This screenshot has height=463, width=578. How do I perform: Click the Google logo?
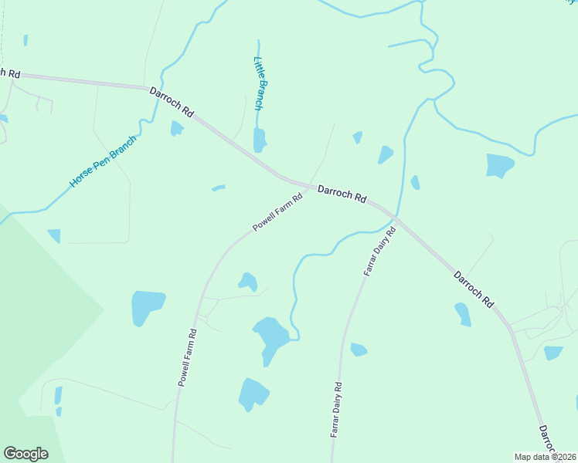[25, 454]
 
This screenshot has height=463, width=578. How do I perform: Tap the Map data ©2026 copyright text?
[546, 456]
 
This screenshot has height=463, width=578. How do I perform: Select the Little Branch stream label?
[260, 83]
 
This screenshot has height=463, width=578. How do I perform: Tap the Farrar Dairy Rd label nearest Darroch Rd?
[379, 252]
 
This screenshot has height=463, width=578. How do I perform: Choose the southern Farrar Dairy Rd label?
[335, 410]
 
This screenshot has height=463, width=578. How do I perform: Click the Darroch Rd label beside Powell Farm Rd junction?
[342, 193]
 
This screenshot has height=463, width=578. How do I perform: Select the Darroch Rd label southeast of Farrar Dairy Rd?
[474, 289]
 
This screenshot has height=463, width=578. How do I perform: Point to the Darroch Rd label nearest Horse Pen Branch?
[171, 102]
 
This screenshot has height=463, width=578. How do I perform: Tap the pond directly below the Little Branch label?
[260, 140]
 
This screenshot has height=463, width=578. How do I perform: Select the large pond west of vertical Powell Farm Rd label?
[148, 306]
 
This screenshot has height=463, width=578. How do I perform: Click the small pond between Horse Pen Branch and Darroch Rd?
[177, 128]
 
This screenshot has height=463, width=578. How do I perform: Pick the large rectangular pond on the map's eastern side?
[499, 165]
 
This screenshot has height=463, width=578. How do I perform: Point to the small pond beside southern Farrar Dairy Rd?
[358, 350]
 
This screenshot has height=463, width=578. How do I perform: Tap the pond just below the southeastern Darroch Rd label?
[463, 313]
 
